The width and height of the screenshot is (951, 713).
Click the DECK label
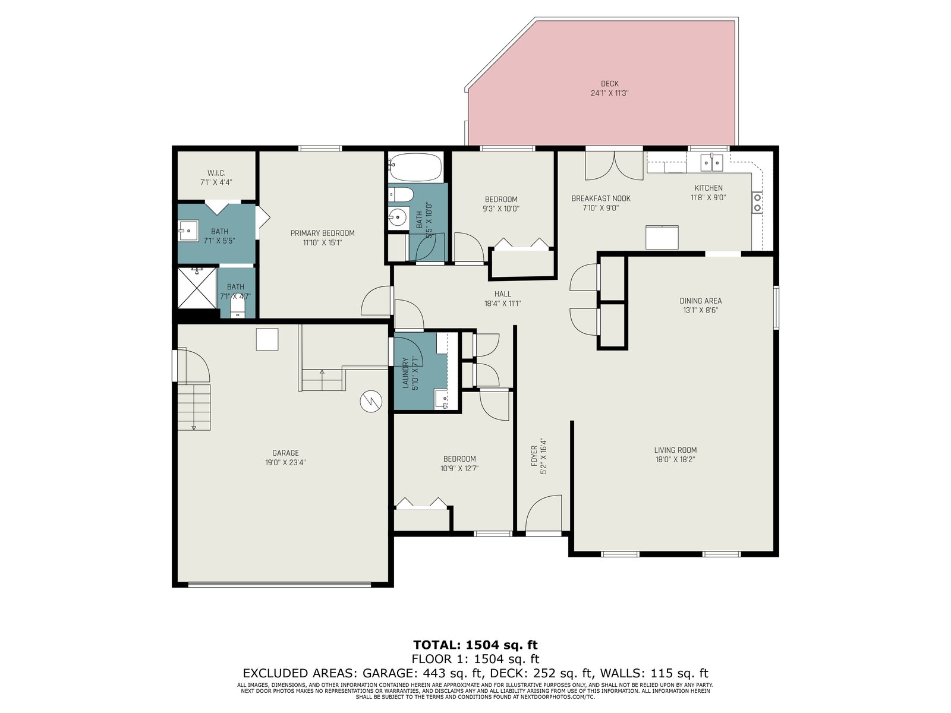(x=609, y=84)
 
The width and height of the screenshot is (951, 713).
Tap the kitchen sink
(x=712, y=163)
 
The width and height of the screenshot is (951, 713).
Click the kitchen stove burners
(x=757, y=203)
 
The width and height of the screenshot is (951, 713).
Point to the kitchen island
(x=662, y=237)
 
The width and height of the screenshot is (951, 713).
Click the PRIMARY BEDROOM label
(x=322, y=234)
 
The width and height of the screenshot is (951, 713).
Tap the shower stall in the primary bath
(x=197, y=288)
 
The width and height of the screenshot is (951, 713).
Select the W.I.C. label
(x=216, y=173)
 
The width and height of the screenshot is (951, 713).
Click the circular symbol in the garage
(x=371, y=401)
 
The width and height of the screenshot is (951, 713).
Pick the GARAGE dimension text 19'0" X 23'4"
(x=285, y=462)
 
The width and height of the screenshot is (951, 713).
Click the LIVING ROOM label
(x=675, y=450)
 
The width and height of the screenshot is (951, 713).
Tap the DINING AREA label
(x=701, y=301)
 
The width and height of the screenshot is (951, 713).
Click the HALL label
(x=503, y=294)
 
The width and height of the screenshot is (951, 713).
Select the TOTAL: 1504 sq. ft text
(x=475, y=645)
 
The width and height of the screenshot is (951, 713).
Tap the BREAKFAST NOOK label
(x=601, y=198)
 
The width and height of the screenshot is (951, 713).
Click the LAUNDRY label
(x=406, y=373)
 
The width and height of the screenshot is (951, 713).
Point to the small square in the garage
(x=267, y=339)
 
